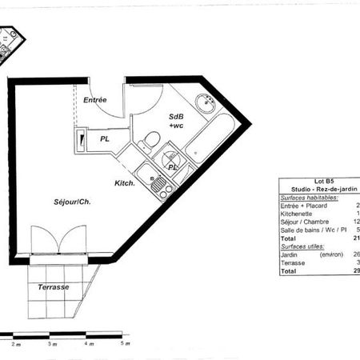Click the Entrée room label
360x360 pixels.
click(95, 99)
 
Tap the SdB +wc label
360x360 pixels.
click(176, 121)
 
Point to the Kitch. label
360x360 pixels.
click(124, 183)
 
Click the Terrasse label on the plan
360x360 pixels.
click(54, 286)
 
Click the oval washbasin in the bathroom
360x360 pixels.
click(209, 102)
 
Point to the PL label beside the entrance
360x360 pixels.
click(105, 138)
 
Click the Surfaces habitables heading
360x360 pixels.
click(309, 197)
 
